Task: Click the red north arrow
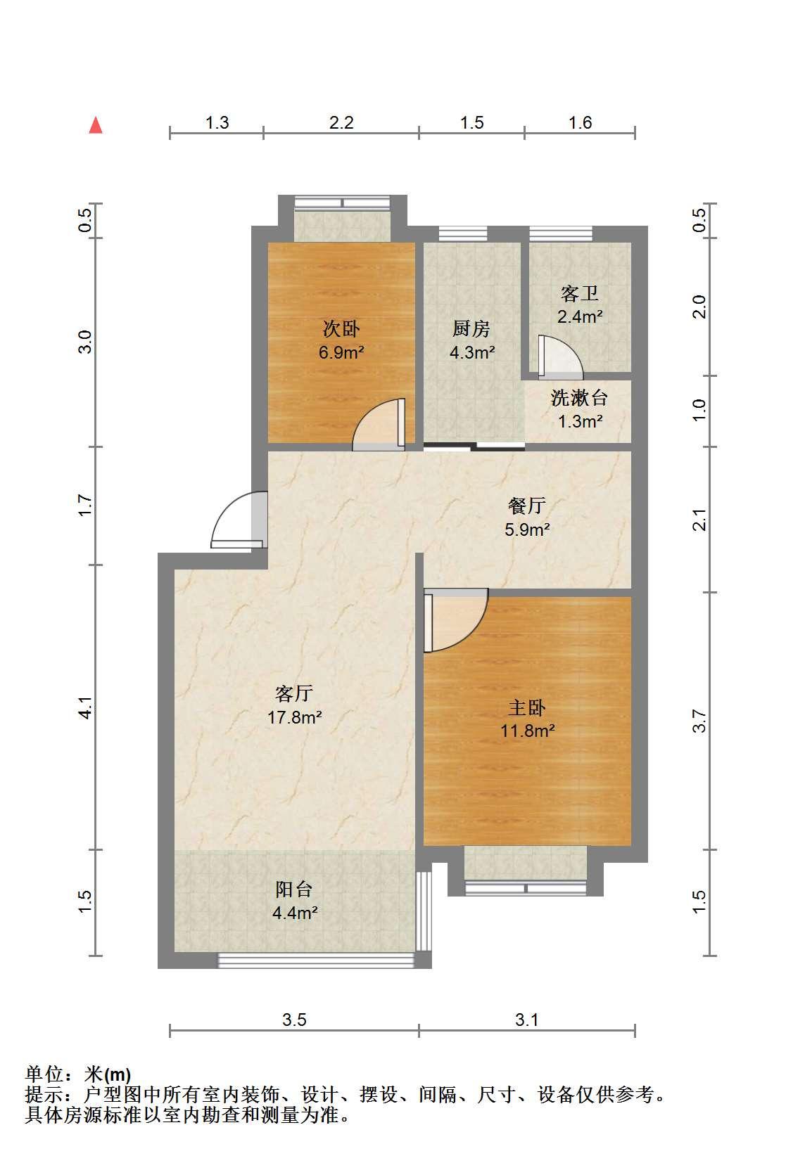(95, 125)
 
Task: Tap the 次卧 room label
(341, 328)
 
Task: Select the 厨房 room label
(471, 328)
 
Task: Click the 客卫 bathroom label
(579, 294)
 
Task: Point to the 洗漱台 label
(579, 398)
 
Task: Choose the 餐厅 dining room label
(527, 505)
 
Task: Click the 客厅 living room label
(294, 693)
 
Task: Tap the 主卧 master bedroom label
(527, 707)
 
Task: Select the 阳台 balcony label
(294, 889)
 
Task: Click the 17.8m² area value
(295, 717)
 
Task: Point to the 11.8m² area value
(528, 731)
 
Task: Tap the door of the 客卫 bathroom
(561, 358)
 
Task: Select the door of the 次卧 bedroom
(379, 424)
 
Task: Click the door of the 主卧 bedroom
(456, 620)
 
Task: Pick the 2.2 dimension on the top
(341, 122)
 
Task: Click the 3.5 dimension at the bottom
(294, 1020)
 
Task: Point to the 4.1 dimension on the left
(85, 707)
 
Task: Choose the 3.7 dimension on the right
(699, 721)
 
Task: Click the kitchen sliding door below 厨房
(474, 446)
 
